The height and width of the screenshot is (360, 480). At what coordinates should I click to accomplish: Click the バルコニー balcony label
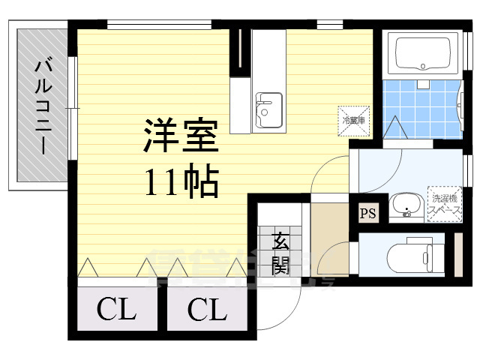[x=43, y=105]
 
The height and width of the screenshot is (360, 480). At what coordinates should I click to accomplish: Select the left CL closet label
[x=116, y=308]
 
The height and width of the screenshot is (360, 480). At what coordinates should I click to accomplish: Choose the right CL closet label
[x=206, y=308]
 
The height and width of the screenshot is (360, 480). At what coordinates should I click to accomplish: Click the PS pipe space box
[x=368, y=214]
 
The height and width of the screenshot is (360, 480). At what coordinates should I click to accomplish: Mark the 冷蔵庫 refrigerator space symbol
[x=354, y=120]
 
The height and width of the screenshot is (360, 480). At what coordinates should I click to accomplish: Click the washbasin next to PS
[x=406, y=204]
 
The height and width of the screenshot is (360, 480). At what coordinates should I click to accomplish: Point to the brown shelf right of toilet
[x=458, y=256]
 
